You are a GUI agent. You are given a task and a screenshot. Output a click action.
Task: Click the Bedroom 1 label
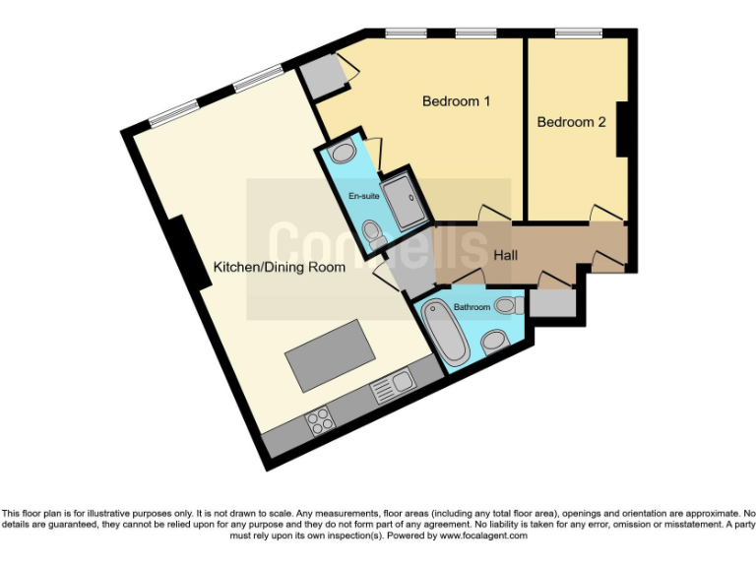tap(456, 101)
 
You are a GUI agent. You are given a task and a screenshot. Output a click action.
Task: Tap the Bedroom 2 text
tap(570, 122)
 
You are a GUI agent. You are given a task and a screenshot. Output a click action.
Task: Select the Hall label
tap(505, 255)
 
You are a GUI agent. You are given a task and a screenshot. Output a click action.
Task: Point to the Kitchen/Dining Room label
tap(280, 267)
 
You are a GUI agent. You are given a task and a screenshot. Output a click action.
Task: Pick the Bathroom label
tap(472, 307)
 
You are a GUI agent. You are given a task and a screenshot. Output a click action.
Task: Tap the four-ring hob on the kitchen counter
tap(320, 421)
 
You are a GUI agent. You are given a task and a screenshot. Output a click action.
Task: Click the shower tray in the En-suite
tap(403, 202)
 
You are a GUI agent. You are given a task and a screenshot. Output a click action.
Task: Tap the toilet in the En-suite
tap(373, 234)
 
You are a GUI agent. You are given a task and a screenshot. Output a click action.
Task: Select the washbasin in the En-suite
tap(343, 153)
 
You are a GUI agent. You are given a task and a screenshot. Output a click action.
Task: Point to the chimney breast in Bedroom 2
tap(622, 128)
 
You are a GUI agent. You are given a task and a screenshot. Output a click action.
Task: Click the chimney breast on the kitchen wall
tap(183, 250)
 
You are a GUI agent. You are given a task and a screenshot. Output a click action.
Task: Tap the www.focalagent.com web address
tap(482, 536)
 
